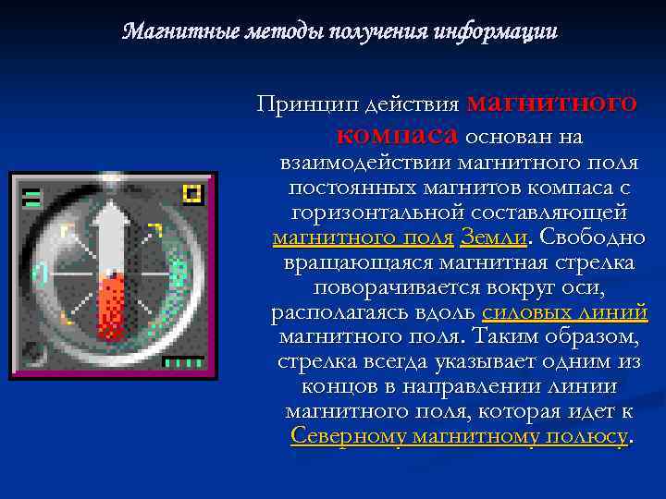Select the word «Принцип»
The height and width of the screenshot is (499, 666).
[x=298, y=104]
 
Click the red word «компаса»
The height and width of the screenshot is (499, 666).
[x=397, y=137]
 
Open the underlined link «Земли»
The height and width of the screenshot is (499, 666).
[x=493, y=238]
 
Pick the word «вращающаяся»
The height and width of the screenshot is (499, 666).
[x=353, y=263]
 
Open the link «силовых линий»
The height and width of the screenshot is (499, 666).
[x=564, y=313]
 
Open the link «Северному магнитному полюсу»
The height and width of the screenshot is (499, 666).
[x=459, y=437]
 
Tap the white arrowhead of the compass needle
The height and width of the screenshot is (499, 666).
[x=113, y=221]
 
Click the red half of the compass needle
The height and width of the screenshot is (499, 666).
[x=112, y=305]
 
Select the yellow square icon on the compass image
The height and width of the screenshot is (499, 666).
[x=192, y=194]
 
